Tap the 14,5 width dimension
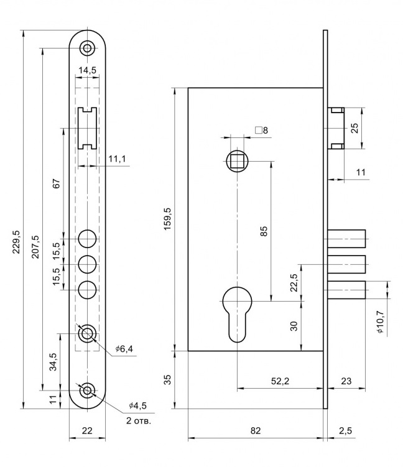[87, 70]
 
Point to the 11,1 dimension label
[116, 159]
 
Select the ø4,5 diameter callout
[137, 406]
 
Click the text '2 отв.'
[138, 420]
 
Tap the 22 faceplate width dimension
[87, 430]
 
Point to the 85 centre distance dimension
[264, 231]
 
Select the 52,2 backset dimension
[280, 382]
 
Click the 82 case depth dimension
[255, 430]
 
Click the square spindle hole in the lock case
[237, 162]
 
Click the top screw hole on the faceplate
[87, 47]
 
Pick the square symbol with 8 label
[261, 131]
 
